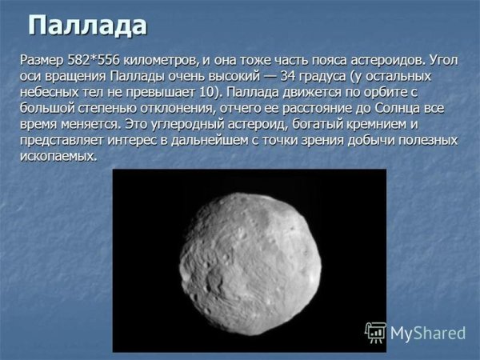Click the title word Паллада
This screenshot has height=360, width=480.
tap(88, 25)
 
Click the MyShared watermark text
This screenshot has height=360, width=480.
tap(428, 332)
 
